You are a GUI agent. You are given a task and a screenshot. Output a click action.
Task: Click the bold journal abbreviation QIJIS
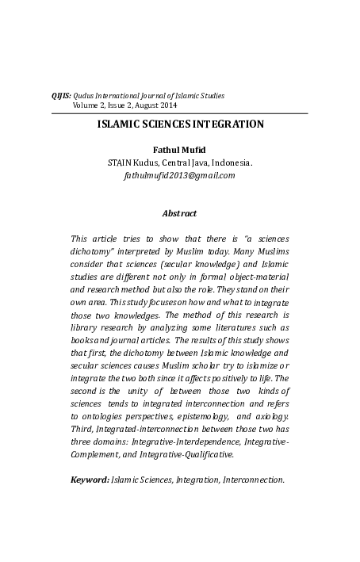[x=60, y=95]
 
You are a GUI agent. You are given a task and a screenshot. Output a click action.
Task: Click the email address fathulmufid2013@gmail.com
[x=179, y=174]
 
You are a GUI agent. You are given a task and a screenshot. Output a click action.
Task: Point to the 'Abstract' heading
[x=179, y=213]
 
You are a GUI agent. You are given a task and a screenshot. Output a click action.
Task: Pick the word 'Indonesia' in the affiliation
[x=231, y=162]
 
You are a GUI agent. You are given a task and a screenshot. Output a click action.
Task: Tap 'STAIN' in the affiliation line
[x=120, y=162]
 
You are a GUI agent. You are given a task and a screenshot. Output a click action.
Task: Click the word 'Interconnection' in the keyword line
[x=255, y=480]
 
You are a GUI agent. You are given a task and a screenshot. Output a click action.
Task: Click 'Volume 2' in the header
[x=91, y=105]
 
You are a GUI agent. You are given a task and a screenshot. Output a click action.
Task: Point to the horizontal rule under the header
[x=179, y=114]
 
